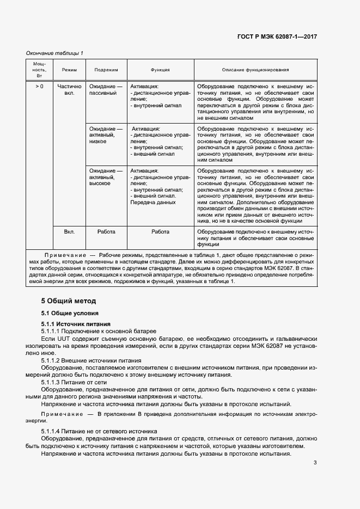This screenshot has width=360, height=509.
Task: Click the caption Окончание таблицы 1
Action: (x=55, y=53)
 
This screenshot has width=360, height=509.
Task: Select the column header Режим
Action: (x=69, y=70)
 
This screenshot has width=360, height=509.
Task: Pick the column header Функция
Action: (x=160, y=70)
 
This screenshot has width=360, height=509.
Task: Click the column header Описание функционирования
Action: (x=255, y=70)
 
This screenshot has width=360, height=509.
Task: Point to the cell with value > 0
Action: (x=40, y=86)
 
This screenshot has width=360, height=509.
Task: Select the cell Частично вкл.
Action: (x=69, y=89)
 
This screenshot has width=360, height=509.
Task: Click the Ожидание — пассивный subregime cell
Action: (x=106, y=89)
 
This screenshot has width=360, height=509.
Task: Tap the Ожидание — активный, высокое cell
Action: (x=106, y=177)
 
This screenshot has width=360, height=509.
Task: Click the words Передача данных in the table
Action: (x=153, y=203)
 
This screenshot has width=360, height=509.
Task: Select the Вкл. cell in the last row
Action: (x=69, y=231)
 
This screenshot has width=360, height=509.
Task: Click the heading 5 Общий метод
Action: (x=69, y=301)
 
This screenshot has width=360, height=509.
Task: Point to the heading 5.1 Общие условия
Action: (x=70, y=314)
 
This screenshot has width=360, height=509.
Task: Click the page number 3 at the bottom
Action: (x=315, y=463)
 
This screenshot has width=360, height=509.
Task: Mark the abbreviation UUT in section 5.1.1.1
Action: (x=58, y=339)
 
